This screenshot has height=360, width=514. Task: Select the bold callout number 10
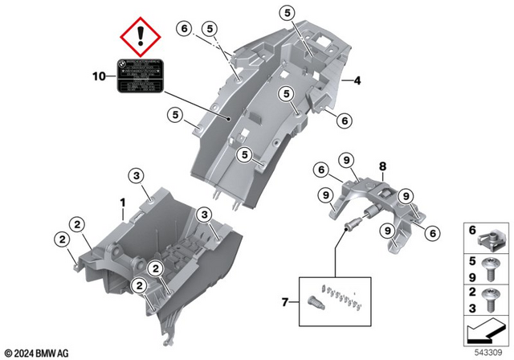pyautogui.click(x=99, y=78)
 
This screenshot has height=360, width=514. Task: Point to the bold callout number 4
pyautogui.click(x=357, y=80)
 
